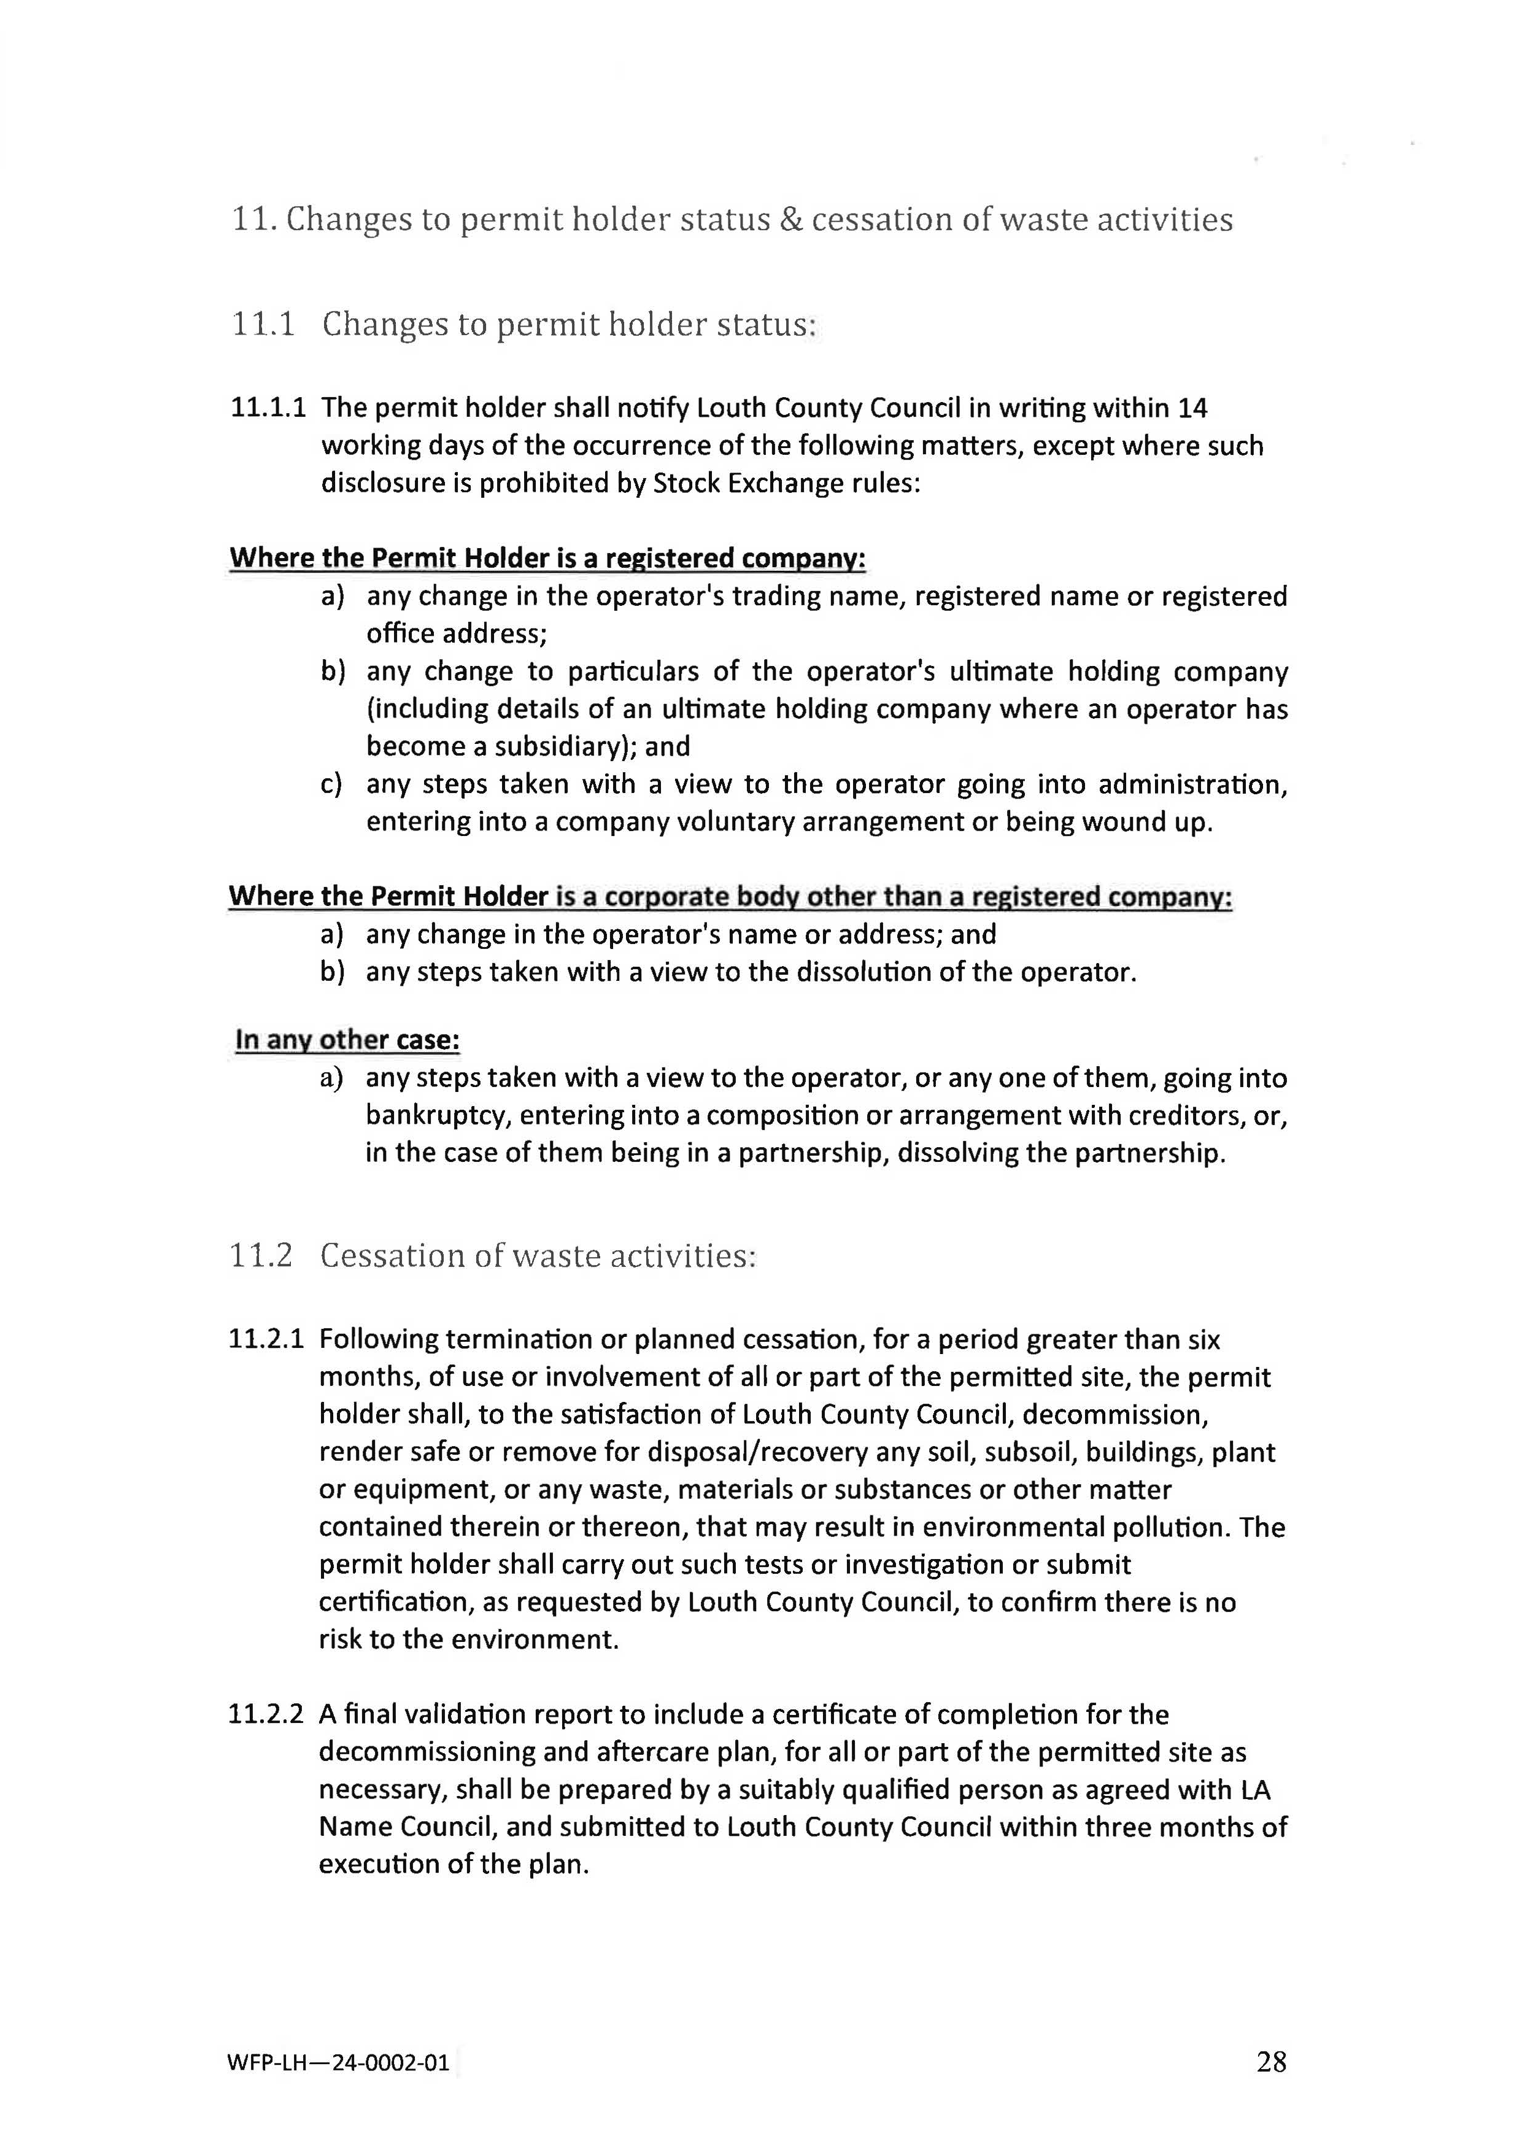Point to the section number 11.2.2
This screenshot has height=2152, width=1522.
point(266,1714)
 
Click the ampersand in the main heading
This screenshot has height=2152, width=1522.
point(791,219)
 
